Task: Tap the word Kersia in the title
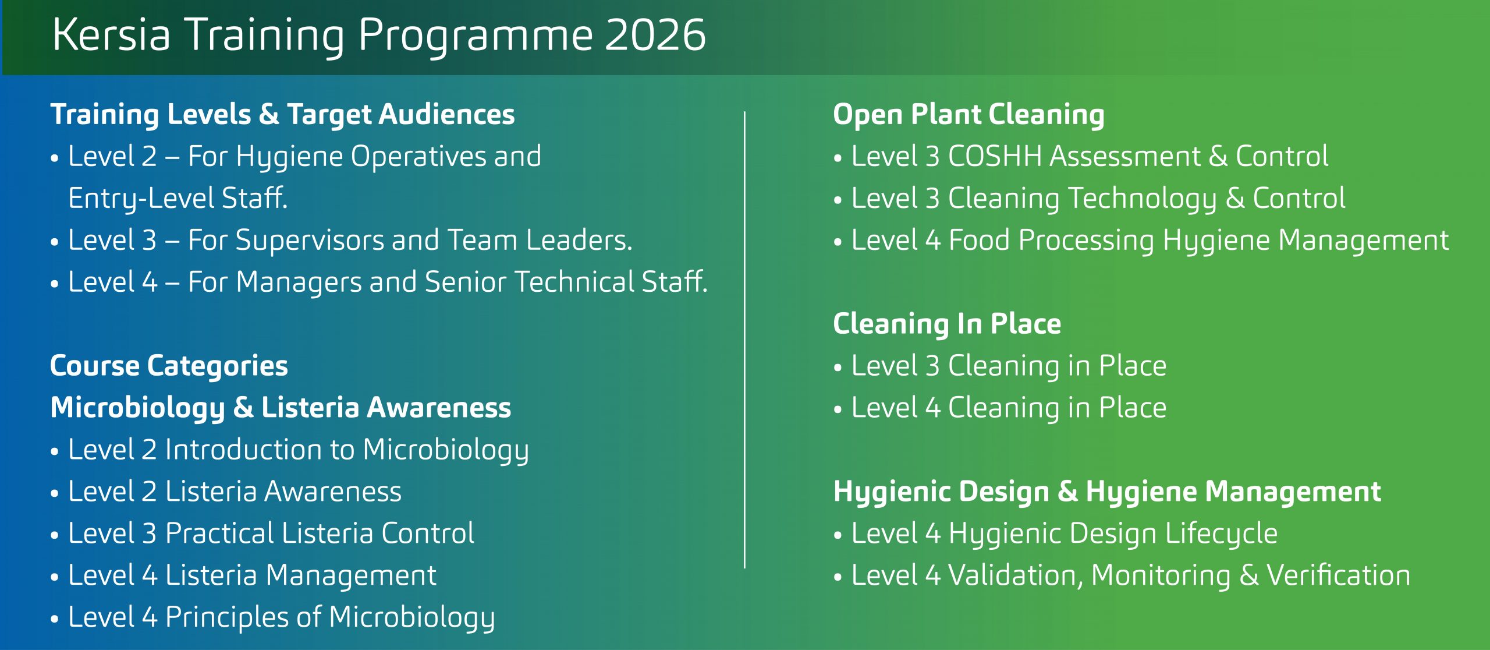click(x=111, y=35)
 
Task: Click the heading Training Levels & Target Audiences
click(x=283, y=115)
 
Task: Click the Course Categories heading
click(x=169, y=366)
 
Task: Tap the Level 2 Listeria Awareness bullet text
click(x=235, y=492)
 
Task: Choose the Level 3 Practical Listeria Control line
click(x=272, y=534)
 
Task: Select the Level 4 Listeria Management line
click(x=253, y=576)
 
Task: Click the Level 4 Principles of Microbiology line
click(x=282, y=618)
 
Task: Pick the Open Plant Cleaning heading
click(x=969, y=115)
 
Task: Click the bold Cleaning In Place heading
click(x=947, y=324)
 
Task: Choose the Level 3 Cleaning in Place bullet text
click(x=1009, y=366)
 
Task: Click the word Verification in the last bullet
click(x=1339, y=575)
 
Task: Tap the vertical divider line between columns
click(x=744, y=340)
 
